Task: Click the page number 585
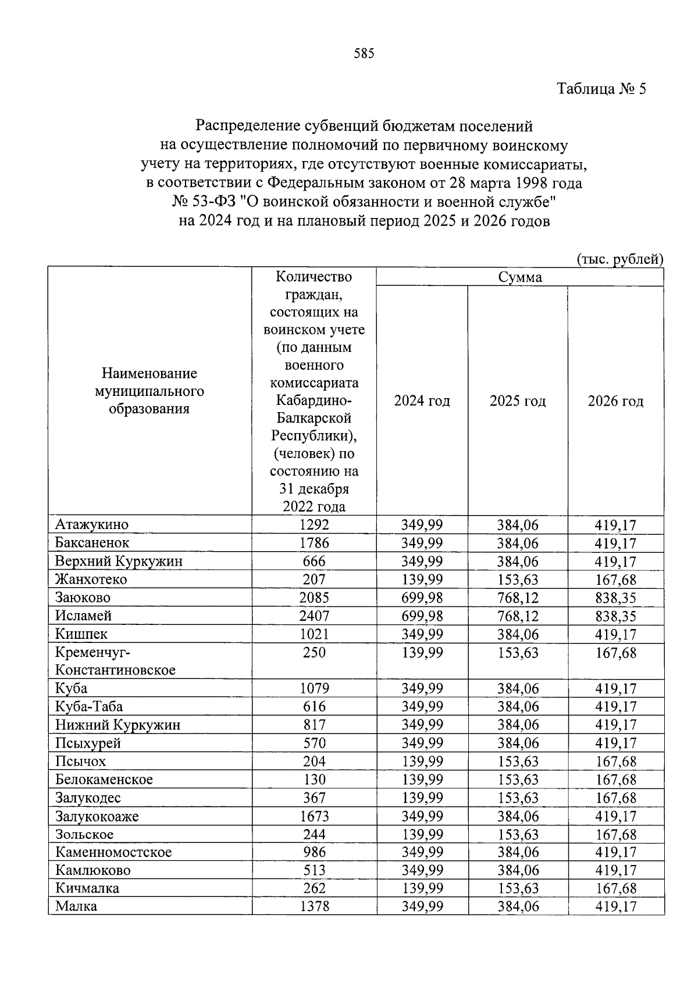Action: (x=364, y=54)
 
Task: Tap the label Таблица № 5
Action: (x=601, y=89)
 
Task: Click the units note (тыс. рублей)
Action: (x=620, y=259)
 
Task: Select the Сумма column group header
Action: (x=519, y=277)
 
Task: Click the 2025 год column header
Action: (x=518, y=401)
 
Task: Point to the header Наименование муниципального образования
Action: (x=149, y=391)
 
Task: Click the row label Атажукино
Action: (x=92, y=524)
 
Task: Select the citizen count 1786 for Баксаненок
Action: (x=314, y=543)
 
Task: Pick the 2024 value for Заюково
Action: (x=422, y=598)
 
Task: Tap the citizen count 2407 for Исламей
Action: (x=314, y=616)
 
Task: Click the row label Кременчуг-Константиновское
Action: (x=115, y=661)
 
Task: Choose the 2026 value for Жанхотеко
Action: (x=615, y=580)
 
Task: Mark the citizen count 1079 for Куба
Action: (x=314, y=688)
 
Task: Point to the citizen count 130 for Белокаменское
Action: (x=314, y=780)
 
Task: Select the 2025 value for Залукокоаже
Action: (x=518, y=816)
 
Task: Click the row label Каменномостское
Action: (x=113, y=852)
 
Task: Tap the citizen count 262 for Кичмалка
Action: (x=314, y=888)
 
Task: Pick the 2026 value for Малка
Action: (x=615, y=906)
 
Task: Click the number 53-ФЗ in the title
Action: (x=212, y=202)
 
